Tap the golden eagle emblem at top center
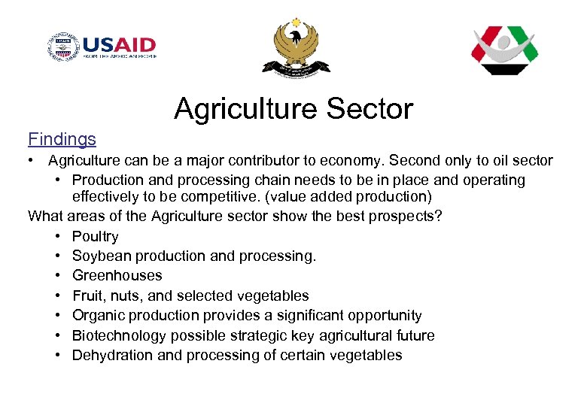(295, 47)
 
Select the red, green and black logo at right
(504, 50)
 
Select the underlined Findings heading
(62, 139)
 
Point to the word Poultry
(95, 237)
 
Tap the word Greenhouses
(117, 276)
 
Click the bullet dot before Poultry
(58, 237)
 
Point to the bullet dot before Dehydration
(58, 355)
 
